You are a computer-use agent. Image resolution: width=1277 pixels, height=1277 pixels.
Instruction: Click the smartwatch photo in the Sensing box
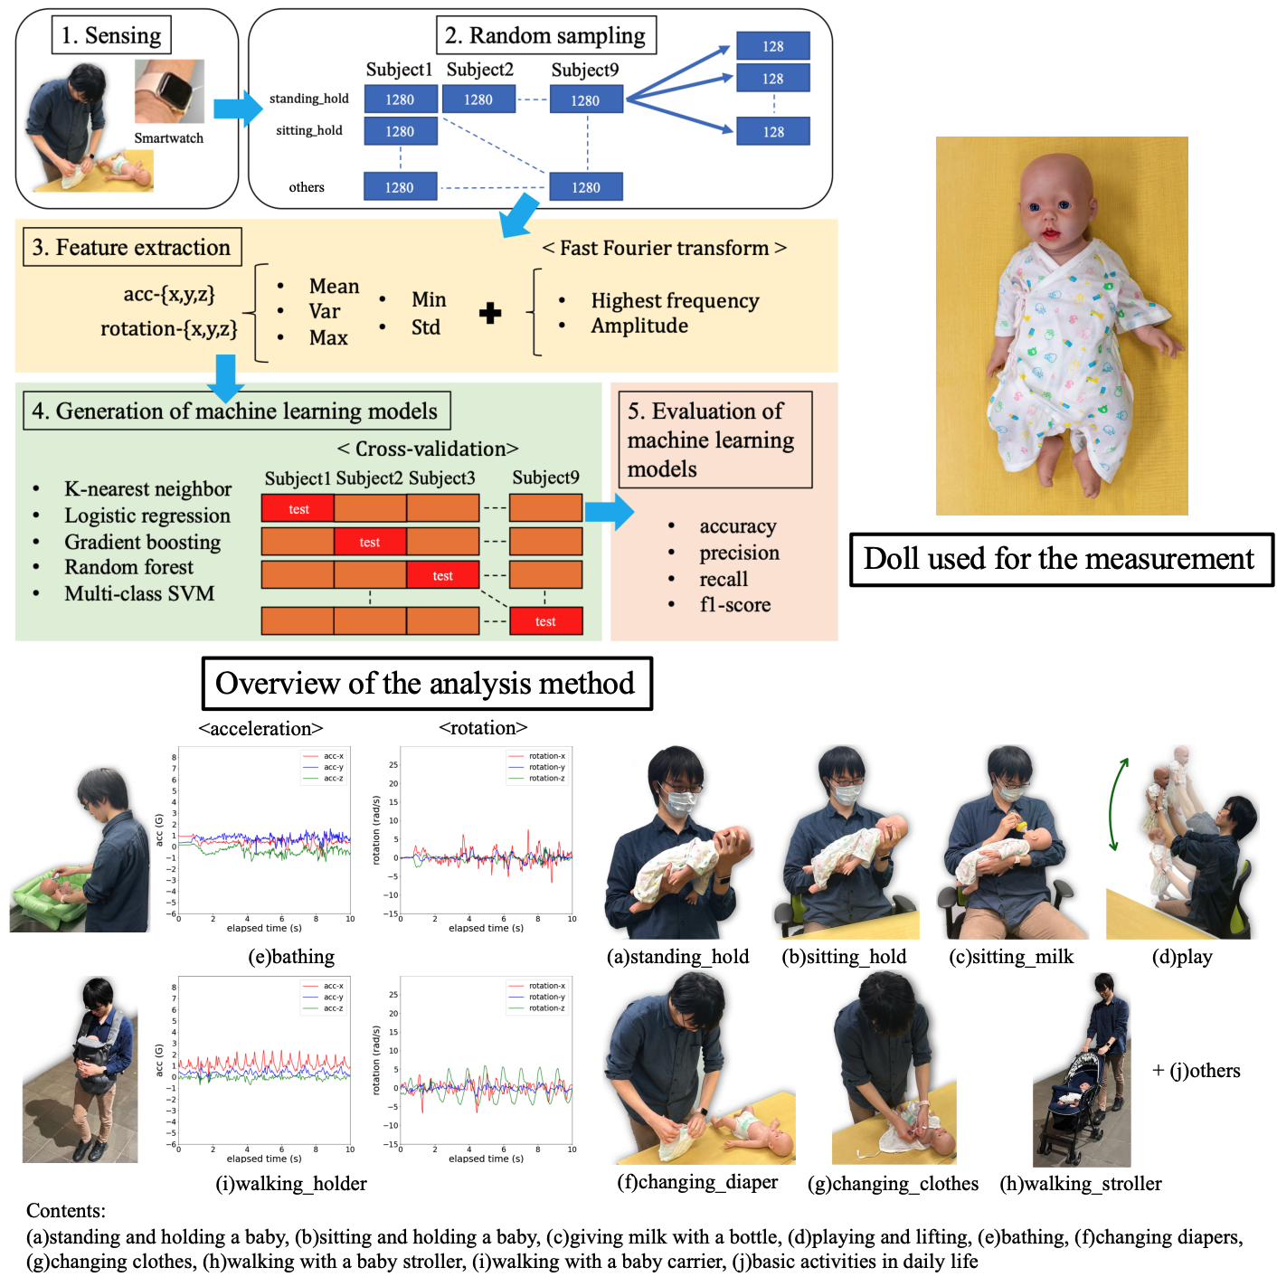pos(169,91)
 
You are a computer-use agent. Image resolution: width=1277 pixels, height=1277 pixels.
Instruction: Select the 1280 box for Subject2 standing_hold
pos(478,99)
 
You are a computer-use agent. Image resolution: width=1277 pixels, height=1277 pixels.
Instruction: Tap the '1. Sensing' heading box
pos(111,35)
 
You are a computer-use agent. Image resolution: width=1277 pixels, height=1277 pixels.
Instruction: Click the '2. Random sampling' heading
pos(545,35)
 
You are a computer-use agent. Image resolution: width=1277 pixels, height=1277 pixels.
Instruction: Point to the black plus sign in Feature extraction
pos(490,313)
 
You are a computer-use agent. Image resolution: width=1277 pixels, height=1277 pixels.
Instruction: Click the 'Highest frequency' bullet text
pos(675,300)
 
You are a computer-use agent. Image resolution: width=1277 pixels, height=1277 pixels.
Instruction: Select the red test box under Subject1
pos(298,508)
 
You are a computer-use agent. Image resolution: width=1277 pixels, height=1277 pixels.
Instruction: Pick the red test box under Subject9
pos(545,621)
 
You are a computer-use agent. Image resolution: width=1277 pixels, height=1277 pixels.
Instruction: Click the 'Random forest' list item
pos(128,567)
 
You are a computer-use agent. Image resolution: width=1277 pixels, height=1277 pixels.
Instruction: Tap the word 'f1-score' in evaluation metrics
pos(734,604)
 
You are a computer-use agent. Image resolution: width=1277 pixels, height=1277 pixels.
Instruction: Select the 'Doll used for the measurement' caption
pos(1060,559)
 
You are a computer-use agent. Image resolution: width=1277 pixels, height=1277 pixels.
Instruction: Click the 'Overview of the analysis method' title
pos(426,683)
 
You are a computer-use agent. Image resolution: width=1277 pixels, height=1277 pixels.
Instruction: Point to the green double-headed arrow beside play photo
pos(1119,804)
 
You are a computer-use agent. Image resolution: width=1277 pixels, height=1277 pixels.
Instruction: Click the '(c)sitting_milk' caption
pos(1011,957)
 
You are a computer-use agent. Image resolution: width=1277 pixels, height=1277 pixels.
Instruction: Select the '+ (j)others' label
pos(1196,1071)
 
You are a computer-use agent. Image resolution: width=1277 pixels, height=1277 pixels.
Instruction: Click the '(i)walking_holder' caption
pos(291,1183)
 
